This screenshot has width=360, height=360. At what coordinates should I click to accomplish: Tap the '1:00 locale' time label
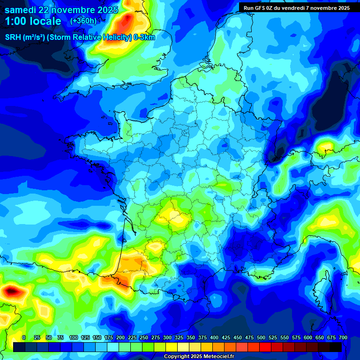coord(33,21)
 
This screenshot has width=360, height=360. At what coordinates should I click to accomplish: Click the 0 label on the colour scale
coord(24,337)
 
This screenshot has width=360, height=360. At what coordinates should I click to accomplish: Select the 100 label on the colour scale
coord(74,337)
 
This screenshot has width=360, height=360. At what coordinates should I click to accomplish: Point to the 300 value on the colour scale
coord(167,337)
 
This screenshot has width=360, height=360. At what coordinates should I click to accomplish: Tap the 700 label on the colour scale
coord(343,337)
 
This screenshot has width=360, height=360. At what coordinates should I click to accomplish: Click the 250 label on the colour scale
coord(144,337)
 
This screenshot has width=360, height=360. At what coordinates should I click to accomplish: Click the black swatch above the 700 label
coord(335,347)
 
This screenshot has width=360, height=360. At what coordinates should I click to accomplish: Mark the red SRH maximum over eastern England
coord(126,22)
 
